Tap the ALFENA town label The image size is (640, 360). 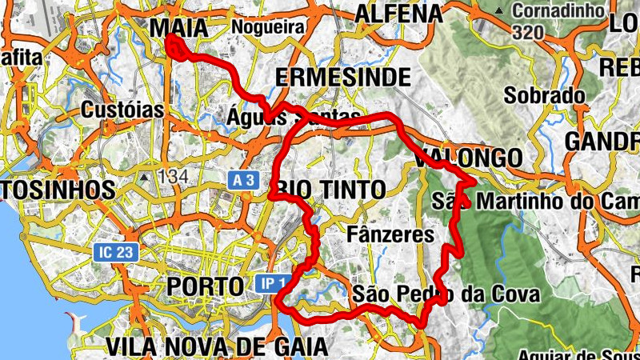coord(398,14)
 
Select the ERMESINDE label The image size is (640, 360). coord(343,77)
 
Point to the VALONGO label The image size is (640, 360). coord(469,158)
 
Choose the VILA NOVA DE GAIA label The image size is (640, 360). coord(216,346)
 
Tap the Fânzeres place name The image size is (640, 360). coord(392,234)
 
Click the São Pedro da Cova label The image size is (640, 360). coord(446,294)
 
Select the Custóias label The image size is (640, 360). coord(122,110)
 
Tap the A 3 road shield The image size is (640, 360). coord(245,182)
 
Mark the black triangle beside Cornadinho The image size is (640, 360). coord(500,11)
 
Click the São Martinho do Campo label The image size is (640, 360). coord(534,200)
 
